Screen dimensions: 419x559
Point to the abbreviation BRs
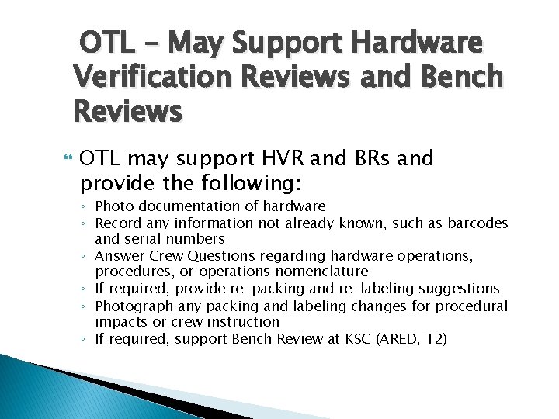[x=372, y=160]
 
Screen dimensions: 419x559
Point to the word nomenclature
[x=322, y=272]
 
